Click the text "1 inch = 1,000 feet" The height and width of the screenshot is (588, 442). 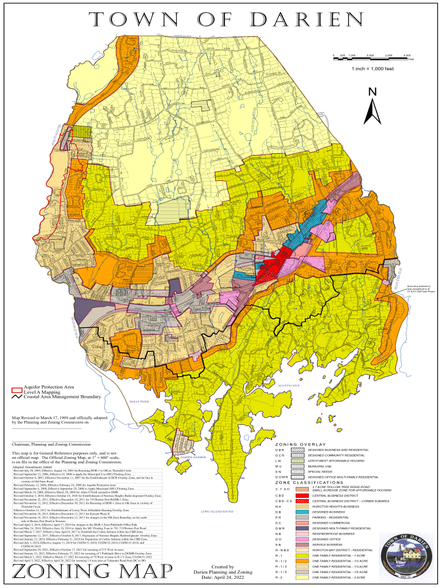tap(373, 69)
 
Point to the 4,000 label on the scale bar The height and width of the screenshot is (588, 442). tap(407, 55)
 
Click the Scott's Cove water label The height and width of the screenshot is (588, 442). tap(289, 386)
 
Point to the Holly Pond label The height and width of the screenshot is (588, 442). tap(139, 401)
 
